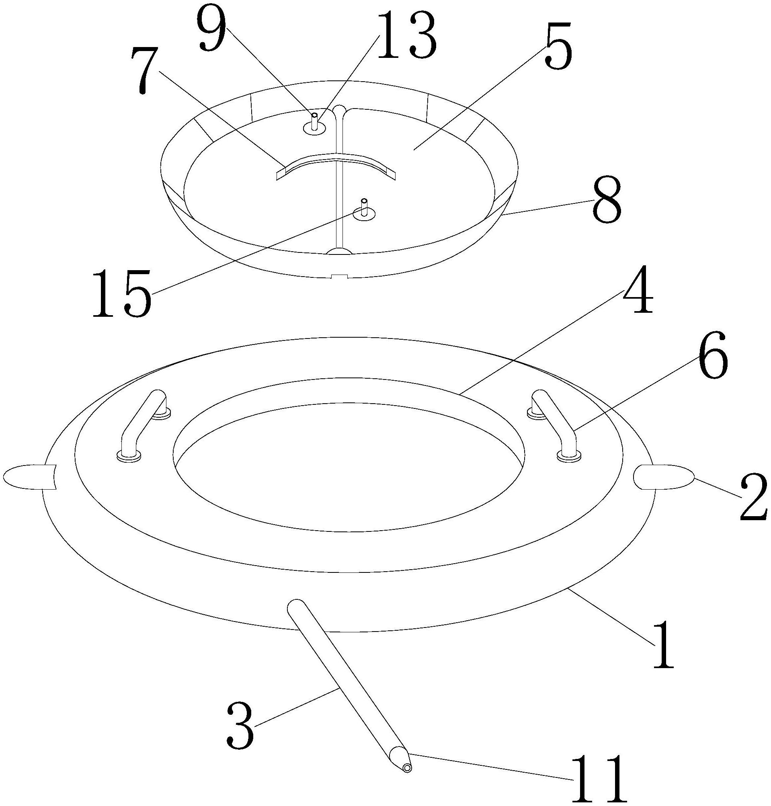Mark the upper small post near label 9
(x=314, y=124)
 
